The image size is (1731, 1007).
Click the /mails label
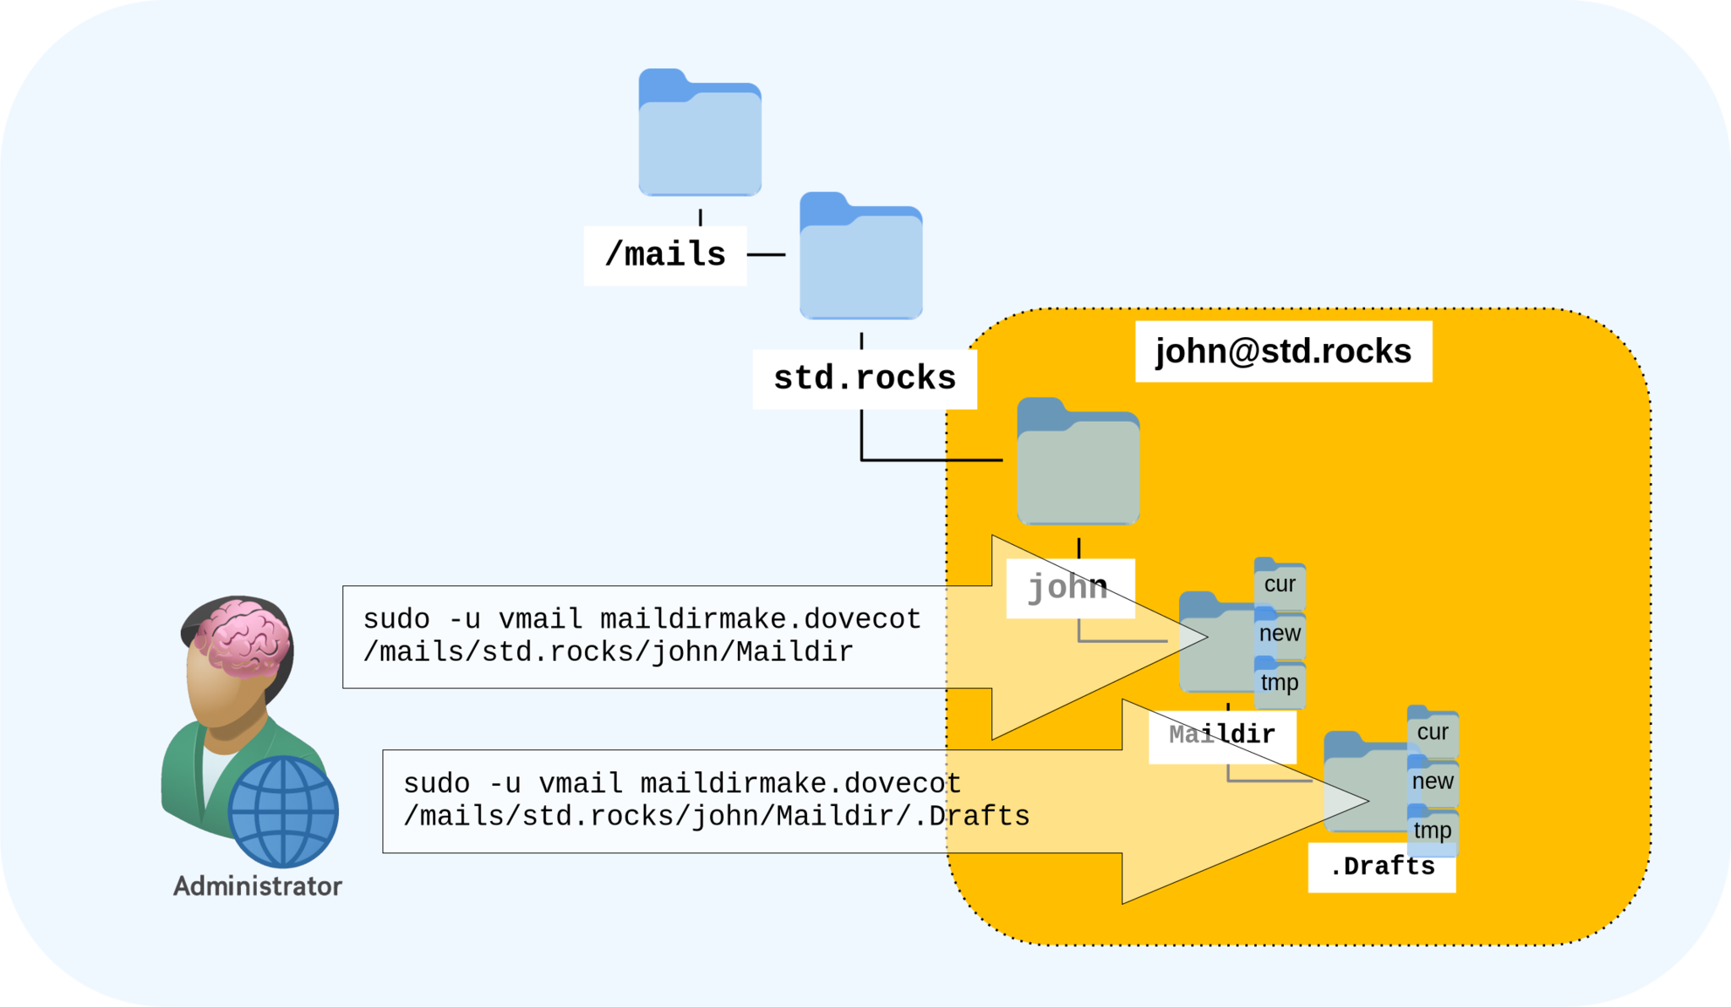coord(665,254)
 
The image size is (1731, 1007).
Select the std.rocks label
coord(864,378)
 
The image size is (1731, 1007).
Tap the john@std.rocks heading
coord(1282,351)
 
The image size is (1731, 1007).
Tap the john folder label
coord(1068,587)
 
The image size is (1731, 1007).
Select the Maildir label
coord(1221,734)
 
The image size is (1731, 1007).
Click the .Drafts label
coord(1381,867)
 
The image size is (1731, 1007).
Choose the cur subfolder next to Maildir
coord(1280,585)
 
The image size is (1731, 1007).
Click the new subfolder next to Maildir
coord(1280,634)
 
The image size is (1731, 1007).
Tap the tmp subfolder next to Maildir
coord(1280,683)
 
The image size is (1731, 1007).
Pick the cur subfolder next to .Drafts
coord(1433,732)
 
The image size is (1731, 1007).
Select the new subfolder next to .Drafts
coord(1433,781)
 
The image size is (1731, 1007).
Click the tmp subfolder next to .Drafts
coord(1433,830)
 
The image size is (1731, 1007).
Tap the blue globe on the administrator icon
coord(283,811)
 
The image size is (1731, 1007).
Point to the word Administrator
coord(258,886)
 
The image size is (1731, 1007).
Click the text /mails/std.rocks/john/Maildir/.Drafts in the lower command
coord(716,817)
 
